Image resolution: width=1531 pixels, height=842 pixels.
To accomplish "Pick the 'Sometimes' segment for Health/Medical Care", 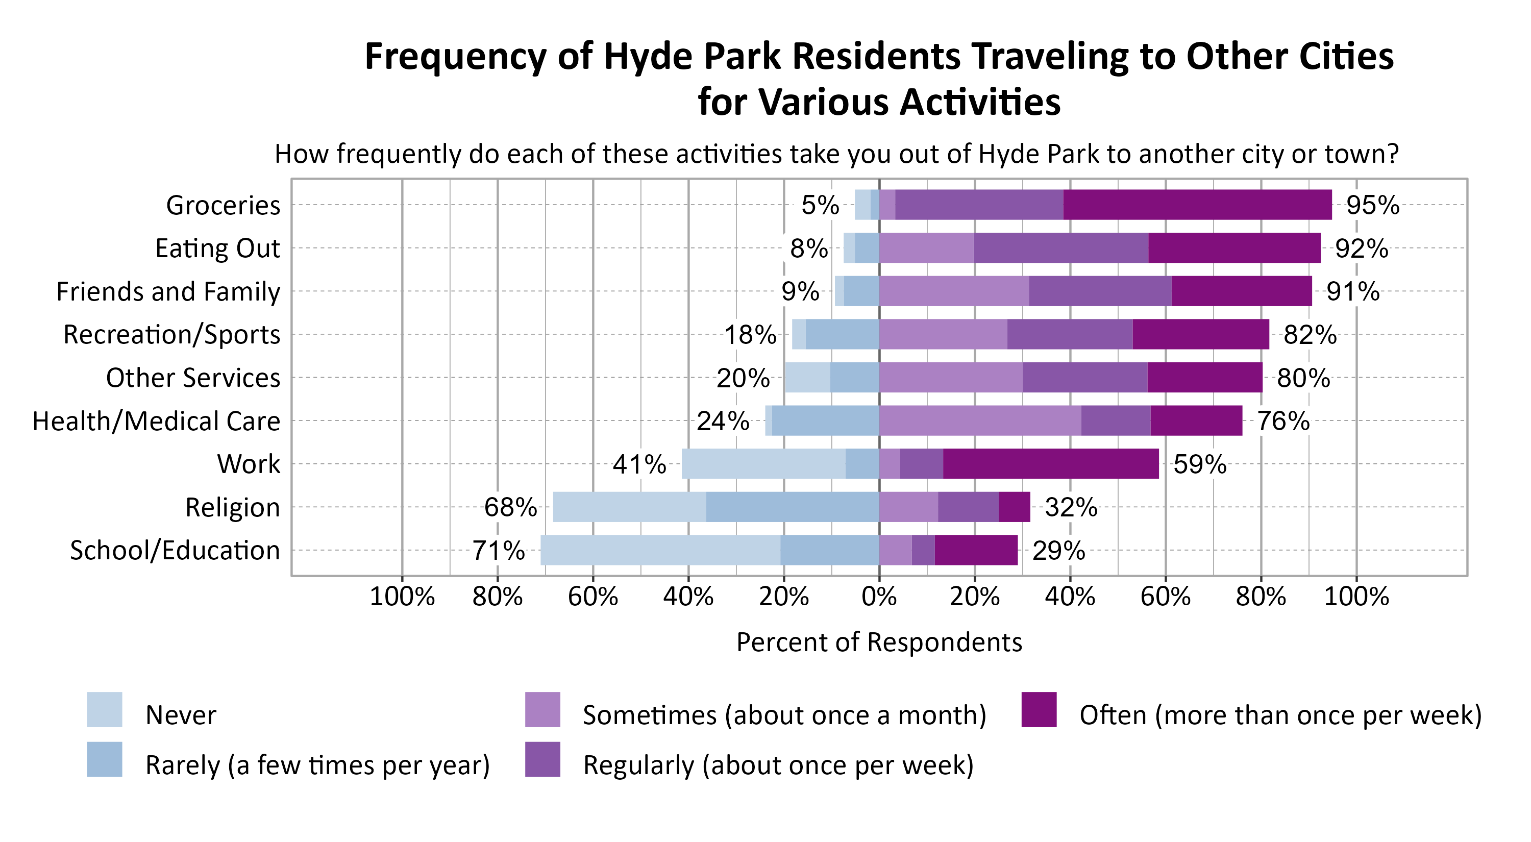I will click(x=979, y=420).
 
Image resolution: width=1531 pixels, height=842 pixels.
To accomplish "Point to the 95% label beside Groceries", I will click(x=1372, y=205).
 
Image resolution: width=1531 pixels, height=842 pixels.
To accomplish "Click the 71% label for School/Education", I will click(x=498, y=551).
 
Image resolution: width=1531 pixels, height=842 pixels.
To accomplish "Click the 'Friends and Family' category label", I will click(x=168, y=292).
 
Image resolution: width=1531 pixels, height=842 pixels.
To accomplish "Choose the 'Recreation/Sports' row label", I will click(x=172, y=335).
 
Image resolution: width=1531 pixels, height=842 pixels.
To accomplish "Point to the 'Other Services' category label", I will click(x=192, y=378).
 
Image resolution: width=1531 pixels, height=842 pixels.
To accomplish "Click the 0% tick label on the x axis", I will click(x=879, y=596).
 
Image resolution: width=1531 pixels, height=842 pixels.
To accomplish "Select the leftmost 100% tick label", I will click(x=402, y=596).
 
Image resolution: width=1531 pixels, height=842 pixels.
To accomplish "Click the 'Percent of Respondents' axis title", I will click(x=879, y=642).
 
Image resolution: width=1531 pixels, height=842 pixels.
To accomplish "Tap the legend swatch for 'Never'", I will click(x=105, y=709).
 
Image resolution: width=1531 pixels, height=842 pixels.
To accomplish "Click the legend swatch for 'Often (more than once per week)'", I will click(x=1039, y=709).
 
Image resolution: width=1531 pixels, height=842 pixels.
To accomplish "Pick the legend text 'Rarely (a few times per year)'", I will click(x=317, y=765).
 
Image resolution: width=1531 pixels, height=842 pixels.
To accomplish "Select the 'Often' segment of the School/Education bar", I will click(x=976, y=550).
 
